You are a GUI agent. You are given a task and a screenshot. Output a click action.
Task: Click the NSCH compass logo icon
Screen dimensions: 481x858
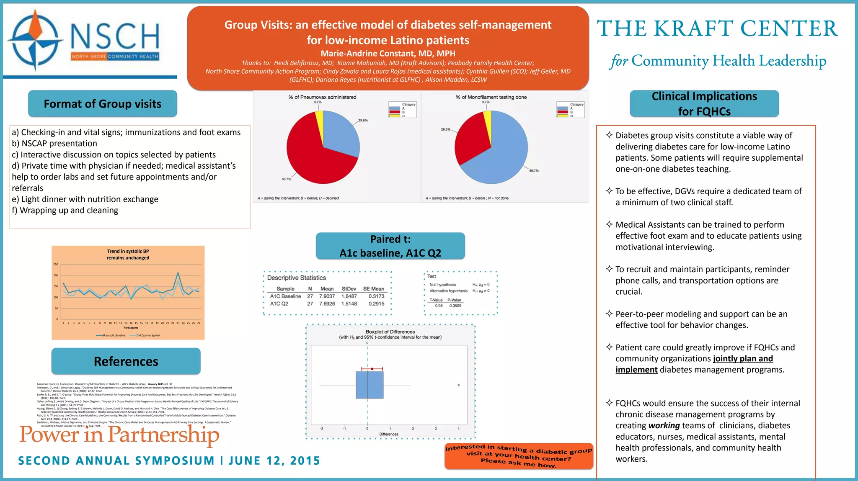(x=36, y=40)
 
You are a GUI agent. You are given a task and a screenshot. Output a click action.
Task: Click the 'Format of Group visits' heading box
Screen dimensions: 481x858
(x=102, y=104)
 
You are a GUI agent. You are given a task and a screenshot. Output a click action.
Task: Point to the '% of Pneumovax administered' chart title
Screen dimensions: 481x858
(x=322, y=97)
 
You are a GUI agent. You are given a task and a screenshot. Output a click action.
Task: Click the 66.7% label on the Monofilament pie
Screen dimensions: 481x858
(x=534, y=171)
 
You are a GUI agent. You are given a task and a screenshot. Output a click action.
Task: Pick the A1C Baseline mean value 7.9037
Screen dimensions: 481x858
(x=327, y=296)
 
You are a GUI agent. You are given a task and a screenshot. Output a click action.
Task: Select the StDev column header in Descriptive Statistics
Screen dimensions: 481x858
(x=349, y=289)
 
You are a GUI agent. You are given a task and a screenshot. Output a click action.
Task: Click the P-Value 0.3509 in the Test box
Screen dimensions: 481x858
(x=455, y=306)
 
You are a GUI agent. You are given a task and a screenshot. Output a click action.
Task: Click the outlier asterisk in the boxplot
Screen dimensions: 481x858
(x=458, y=385)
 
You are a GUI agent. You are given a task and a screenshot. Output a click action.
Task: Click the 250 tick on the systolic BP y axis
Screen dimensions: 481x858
(x=56, y=265)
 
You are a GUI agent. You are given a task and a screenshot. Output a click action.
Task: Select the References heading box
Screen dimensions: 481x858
(x=126, y=361)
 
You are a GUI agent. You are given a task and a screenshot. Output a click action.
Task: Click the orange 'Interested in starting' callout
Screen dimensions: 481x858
(x=519, y=456)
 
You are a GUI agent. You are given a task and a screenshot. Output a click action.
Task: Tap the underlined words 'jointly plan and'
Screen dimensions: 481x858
(x=743, y=359)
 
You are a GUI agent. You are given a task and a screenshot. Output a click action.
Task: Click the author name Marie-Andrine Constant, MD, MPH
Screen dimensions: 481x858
(x=388, y=54)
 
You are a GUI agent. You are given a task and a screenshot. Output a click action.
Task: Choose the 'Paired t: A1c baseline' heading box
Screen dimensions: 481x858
(x=390, y=246)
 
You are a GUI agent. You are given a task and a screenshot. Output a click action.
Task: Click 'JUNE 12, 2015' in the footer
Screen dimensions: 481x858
(x=274, y=461)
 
